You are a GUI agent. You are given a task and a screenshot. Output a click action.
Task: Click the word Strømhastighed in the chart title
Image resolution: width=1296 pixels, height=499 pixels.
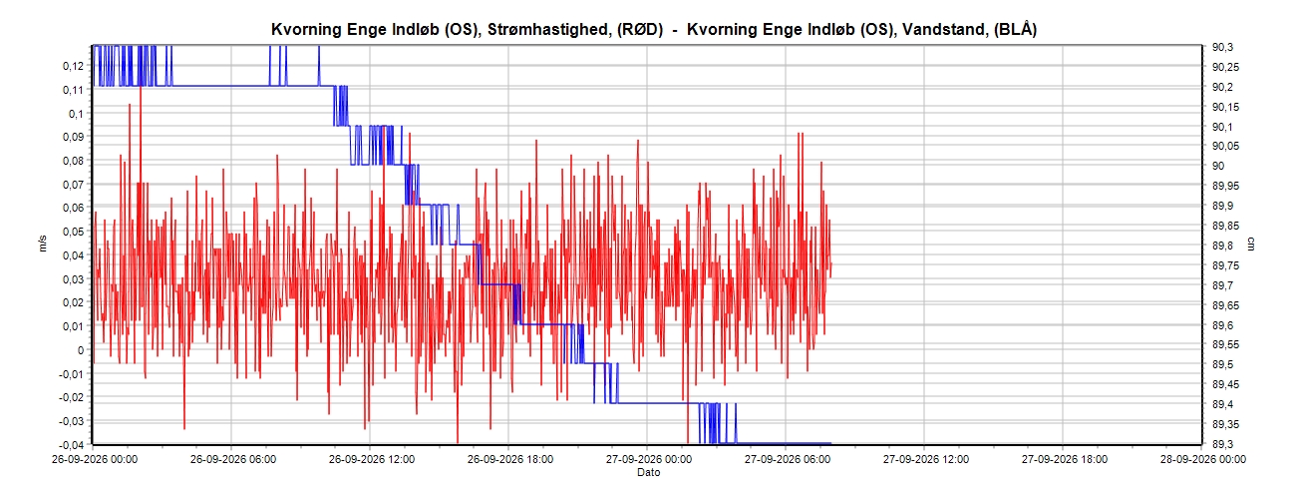(547, 30)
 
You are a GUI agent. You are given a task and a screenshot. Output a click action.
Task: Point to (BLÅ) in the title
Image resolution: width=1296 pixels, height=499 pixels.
(1015, 29)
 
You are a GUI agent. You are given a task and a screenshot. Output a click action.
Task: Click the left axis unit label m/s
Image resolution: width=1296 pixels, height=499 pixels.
(42, 244)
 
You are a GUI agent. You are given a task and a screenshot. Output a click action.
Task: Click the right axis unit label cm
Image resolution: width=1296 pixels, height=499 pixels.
(1251, 244)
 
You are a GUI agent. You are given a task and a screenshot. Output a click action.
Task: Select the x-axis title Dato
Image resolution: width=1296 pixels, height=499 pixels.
(649, 472)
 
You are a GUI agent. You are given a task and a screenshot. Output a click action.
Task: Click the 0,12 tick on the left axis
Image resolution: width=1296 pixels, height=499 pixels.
(73, 66)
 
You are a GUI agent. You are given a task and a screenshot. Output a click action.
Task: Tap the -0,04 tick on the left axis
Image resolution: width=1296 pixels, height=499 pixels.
(71, 445)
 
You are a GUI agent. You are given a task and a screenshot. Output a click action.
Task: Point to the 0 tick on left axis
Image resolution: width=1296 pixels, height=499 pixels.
(81, 350)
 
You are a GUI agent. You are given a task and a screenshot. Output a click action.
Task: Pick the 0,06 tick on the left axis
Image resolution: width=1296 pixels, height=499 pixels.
(73, 208)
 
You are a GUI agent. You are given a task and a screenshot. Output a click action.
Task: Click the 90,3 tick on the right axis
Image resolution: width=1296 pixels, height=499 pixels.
(1222, 48)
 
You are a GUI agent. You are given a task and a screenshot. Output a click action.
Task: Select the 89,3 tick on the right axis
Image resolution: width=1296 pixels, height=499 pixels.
(1222, 444)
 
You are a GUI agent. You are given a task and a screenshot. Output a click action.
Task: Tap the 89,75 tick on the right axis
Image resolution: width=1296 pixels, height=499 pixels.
(1226, 265)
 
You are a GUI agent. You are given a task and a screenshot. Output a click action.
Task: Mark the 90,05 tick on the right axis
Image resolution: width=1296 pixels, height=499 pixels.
(1226, 147)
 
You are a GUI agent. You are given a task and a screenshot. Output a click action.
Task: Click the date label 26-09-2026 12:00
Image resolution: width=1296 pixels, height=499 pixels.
(372, 460)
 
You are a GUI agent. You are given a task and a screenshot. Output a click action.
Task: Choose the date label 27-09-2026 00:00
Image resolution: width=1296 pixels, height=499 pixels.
(649, 460)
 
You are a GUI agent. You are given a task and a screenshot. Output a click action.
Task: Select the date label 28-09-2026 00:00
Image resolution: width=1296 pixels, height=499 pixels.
(1203, 460)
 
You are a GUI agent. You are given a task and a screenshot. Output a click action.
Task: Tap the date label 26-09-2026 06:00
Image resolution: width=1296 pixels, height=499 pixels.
(233, 460)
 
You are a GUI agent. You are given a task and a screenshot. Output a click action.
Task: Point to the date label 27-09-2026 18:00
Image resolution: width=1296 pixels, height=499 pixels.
(1065, 460)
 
